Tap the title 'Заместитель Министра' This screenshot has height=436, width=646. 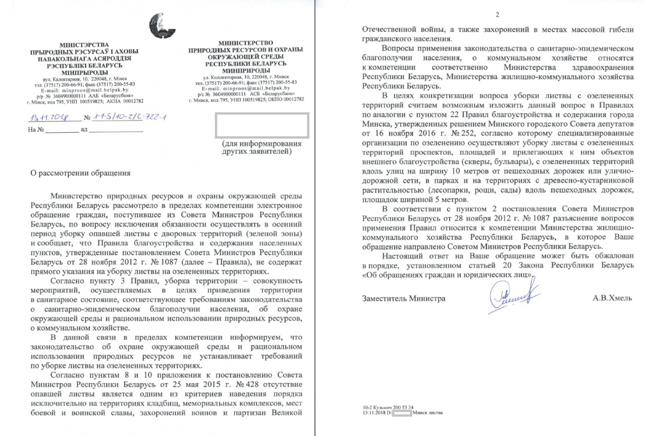[x=404, y=298]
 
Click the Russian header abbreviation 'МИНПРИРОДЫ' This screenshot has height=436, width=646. [x=246, y=71]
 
